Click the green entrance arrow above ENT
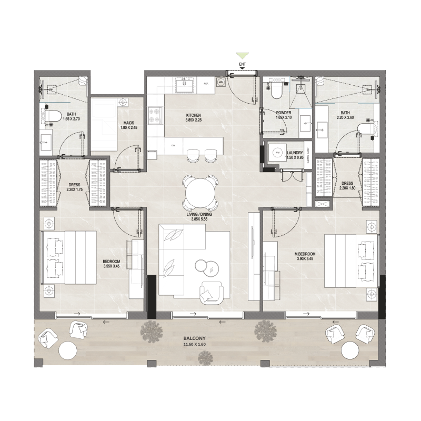pos(242,55)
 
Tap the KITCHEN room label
pos(194,115)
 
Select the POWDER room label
pos(284,113)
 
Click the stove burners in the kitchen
pos(156,116)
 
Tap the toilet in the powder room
pos(275,91)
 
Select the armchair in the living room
pos(212,290)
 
